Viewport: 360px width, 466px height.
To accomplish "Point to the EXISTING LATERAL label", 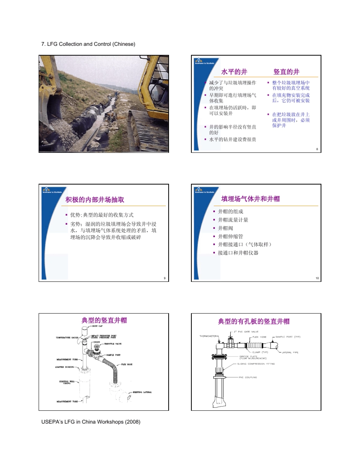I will (x=142, y=392).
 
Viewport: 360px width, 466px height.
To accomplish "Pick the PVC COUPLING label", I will (x=249, y=377).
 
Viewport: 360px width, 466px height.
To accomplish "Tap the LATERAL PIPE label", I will (x=290, y=352).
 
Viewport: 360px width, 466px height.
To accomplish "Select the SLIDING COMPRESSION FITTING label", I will (x=256, y=364).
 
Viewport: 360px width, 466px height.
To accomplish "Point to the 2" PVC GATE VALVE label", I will (x=246, y=331).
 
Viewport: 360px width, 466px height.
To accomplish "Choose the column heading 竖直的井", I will (x=286, y=72).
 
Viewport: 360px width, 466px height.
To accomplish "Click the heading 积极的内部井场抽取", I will (x=95, y=200).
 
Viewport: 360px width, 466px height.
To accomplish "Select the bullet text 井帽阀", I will (x=225, y=228).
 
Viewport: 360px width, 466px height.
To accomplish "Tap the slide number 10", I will (x=317, y=279).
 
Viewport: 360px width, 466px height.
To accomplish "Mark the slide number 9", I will (x=164, y=279).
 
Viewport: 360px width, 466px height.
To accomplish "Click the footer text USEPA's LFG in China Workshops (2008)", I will (x=91, y=422).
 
